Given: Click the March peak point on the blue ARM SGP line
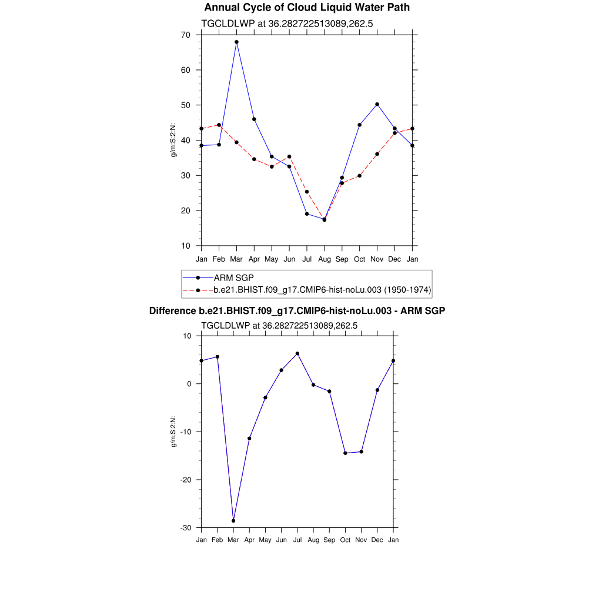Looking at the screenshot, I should click(x=236, y=42).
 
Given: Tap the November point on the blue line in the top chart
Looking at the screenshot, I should click(x=377, y=104).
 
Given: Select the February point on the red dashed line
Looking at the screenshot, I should click(x=219, y=125).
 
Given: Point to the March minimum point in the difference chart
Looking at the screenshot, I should click(x=233, y=521).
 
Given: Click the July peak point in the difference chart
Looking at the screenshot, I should click(x=297, y=353).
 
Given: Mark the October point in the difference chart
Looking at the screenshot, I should click(x=346, y=453).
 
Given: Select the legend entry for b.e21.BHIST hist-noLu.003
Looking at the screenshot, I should click(x=322, y=290).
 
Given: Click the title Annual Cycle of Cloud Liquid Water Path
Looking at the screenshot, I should click(x=307, y=8).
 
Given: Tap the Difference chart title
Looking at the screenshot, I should click(x=297, y=310).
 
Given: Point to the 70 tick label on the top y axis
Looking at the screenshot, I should click(x=186, y=35).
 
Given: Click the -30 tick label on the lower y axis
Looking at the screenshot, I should click(x=186, y=528).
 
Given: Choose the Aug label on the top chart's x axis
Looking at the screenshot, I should click(x=325, y=259).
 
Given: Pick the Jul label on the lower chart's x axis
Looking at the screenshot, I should click(x=297, y=540).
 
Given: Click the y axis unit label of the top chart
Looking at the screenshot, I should click(x=173, y=140).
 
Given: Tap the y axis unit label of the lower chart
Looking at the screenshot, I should click(x=173, y=432).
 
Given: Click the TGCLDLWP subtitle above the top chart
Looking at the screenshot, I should click(x=287, y=24).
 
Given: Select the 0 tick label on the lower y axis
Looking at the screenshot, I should click(x=189, y=384).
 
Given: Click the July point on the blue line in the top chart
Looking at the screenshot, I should click(x=307, y=214).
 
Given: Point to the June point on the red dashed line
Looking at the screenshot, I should click(x=289, y=157).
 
